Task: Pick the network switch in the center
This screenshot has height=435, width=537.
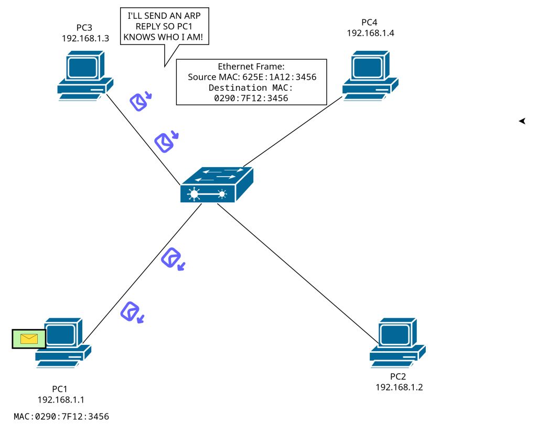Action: (x=217, y=185)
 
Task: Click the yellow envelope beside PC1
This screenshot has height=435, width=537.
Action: (x=29, y=339)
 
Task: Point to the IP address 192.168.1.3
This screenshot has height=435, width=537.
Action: (x=85, y=38)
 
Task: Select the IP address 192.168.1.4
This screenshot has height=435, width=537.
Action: (x=370, y=32)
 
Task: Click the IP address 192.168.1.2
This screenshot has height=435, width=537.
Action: (x=399, y=387)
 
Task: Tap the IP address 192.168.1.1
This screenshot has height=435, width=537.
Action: (x=61, y=400)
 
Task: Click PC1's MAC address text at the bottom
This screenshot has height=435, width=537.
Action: (x=61, y=417)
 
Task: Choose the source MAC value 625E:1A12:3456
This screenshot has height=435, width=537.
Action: (x=280, y=77)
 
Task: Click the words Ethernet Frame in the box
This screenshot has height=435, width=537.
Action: (x=251, y=67)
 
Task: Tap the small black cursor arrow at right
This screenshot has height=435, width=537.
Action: (x=522, y=121)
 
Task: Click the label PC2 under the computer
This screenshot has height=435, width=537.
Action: (x=399, y=377)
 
